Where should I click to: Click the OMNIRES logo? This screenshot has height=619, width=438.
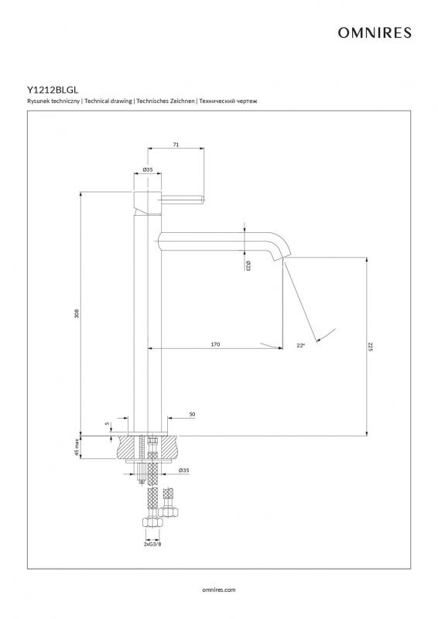(x=375, y=32)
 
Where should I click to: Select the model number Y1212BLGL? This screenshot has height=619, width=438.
(x=53, y=90)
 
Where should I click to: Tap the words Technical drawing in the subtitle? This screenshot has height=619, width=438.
(x=108, y=101)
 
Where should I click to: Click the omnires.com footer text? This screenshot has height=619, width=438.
(x=219, y=590)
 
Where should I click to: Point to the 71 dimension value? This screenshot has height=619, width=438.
(x=176, y=145)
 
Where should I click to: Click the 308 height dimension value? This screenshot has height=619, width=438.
(x=77, y=313)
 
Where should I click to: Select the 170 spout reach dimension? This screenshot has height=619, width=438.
(x=215, y=344)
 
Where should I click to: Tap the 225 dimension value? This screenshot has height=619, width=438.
(x=370, y=347)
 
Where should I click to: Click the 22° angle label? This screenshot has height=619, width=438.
(x=301, y=345)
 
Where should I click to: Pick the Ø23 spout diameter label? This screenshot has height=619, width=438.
(x=248, y=265)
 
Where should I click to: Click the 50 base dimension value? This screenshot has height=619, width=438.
(x=193, y=415)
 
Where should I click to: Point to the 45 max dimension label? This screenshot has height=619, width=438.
(x=77, y=447)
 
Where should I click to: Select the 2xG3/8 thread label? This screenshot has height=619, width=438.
(x=152, y=544)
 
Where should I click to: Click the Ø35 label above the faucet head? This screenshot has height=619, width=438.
(x=147, y=169)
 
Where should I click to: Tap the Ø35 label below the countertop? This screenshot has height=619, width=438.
(x=183, y=470)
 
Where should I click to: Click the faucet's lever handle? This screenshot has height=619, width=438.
(x=183, y=199)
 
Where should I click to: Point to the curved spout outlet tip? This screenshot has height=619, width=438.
(x=282, y=258)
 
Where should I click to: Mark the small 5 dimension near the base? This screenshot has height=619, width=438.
(x=107, y=423)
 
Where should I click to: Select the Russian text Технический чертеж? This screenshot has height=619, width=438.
(x=228, y=101)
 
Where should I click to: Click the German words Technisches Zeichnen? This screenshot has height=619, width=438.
(x=166, y=101)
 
